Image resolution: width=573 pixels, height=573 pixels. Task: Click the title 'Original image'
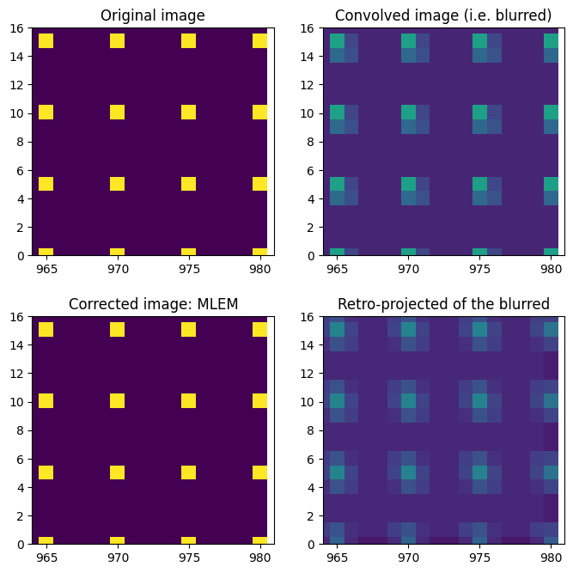pyautogui.click(x=152, y=15)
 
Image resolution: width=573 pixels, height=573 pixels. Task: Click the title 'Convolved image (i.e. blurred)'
pyautogui.click(x=443, y=15)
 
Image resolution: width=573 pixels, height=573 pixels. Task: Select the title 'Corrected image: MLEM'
pyautogui.click(x=152, y=304)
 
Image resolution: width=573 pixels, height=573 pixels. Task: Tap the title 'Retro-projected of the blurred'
pyautogui.click(x=443, y=304)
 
